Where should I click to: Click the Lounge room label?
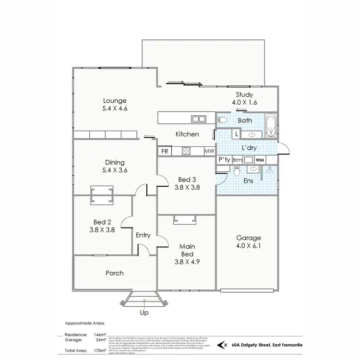115,101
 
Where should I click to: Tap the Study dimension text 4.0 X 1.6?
244,102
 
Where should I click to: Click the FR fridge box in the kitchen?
164,151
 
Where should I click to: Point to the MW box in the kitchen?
209,151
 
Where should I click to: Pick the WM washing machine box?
260,160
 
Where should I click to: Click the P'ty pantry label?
223,160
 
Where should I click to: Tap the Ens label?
248,181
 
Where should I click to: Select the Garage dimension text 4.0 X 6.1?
248,246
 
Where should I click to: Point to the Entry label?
143,235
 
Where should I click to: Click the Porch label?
115,273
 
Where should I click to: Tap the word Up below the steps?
144,312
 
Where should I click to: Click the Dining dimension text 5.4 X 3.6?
115,170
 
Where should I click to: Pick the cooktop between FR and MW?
187,151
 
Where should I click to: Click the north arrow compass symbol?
223,344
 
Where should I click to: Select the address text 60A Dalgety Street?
252,344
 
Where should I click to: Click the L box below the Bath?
236,134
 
